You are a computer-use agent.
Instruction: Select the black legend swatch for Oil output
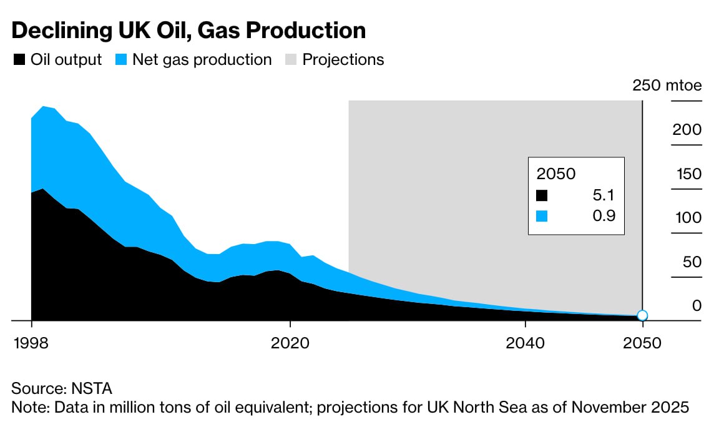19,60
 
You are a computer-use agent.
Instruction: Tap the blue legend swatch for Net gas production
121,60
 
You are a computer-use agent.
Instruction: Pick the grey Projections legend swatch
291,60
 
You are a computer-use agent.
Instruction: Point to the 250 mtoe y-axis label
667,86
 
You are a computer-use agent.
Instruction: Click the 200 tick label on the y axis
687,130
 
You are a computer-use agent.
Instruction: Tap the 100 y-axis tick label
687,218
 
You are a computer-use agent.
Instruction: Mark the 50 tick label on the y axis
692,262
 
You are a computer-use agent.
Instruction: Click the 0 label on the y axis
697,306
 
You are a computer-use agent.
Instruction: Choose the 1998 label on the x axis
31,344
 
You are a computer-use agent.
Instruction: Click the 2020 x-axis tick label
290,344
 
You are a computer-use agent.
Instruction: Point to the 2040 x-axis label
526,344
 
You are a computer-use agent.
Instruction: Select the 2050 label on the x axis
642,344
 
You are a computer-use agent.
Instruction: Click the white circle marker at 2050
642,315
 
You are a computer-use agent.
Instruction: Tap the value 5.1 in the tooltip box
604,195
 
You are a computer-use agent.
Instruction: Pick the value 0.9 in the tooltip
604,217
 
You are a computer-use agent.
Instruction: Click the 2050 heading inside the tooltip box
556,174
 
